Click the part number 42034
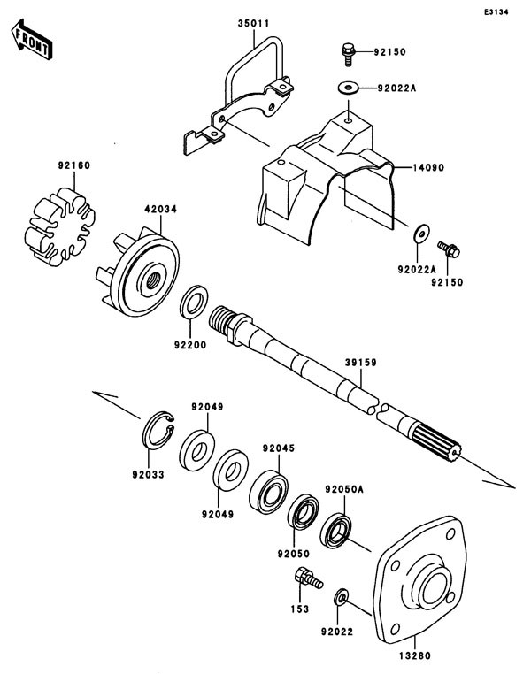pos(160,210)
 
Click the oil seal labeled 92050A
pos(337,532)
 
